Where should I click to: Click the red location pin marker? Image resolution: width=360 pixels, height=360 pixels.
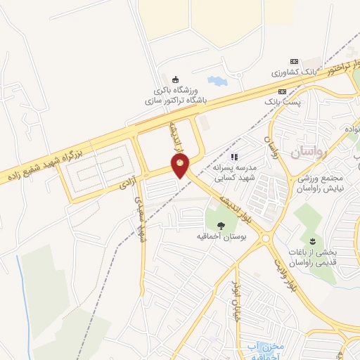tap(181, 167)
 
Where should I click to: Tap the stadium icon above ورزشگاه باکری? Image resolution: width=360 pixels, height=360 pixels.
tap(174, 78)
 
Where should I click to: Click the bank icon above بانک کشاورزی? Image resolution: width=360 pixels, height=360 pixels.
tap(294, 62)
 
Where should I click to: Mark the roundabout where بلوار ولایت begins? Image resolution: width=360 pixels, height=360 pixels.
tap(266, 238)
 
